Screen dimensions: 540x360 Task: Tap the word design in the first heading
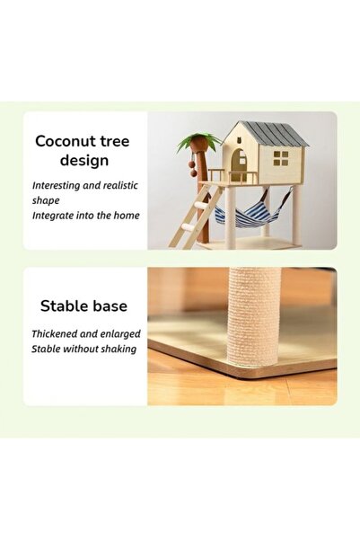point(83,161)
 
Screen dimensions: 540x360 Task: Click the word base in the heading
point(108,306)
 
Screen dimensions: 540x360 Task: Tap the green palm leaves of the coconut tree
point(199,142)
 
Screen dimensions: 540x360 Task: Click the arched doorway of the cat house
point(239,164)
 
